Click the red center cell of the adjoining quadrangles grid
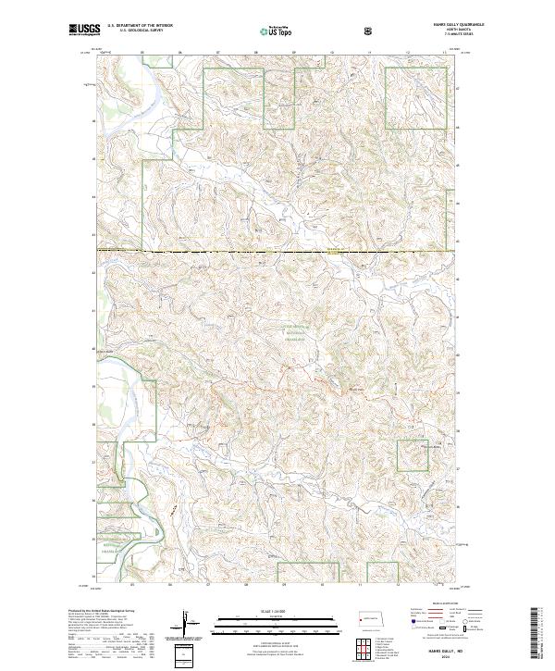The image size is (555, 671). (x=365, y=646)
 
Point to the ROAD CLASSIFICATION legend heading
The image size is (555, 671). (x=439, y=608)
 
